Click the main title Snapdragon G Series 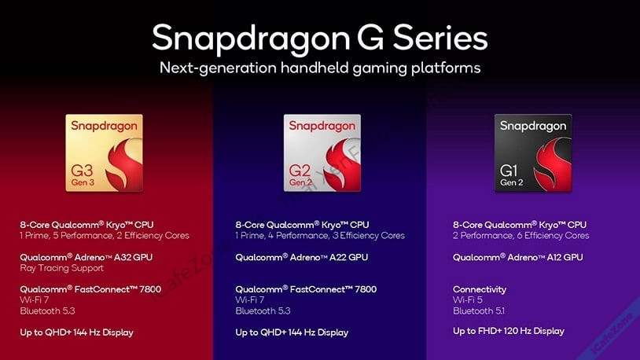click(x=319, y=37)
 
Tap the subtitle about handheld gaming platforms click(x=319, y=68)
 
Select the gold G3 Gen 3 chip click(x=105, y=153)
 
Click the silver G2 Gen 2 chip click(x=322, y=153)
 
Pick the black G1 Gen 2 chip click(x=533, y=153)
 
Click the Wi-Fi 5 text click(x=466, y=300)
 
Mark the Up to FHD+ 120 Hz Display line click(x=508, y=331)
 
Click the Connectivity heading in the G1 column click(x=480, y=289)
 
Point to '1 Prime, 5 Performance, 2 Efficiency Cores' click(x=105, y=235)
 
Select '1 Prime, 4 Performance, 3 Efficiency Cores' click(x=320, y=235)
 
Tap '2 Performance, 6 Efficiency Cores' click(x=520, y=235)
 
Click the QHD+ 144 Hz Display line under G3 click(x=76, y=332)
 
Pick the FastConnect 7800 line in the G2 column click(x=306, y=289)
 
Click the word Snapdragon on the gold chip click(x=105, y=126)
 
